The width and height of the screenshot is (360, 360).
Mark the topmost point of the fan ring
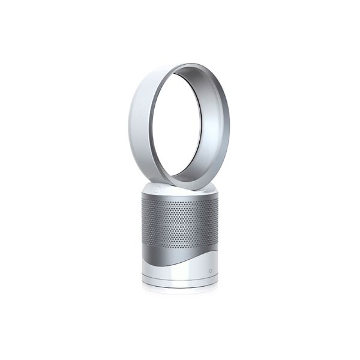pyautogui.click(x=180, y=63)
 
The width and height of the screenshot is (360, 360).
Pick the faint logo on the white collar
pyautogui.click(x=157, y=189)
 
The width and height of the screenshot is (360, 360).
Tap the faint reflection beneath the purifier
pyautogui.click(x=180, y=290)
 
